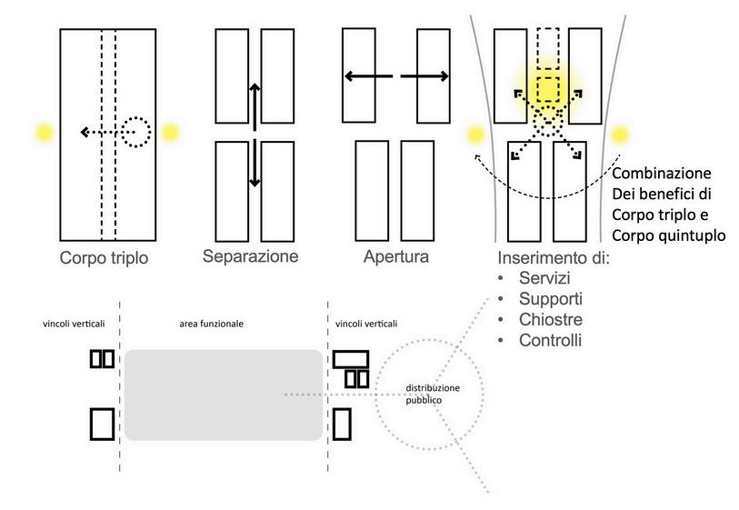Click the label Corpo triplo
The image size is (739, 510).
104,257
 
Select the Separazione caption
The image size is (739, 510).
251,255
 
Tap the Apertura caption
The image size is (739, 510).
396,257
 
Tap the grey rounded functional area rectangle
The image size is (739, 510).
224,395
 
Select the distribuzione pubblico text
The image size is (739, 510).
433,393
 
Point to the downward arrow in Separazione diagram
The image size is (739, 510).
255,164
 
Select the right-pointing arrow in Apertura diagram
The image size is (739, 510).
425,77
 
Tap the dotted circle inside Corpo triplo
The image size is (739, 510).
135,132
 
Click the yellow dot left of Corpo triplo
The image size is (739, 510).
42,133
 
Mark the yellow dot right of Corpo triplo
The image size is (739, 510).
170,133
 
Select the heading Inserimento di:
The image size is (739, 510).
554,258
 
